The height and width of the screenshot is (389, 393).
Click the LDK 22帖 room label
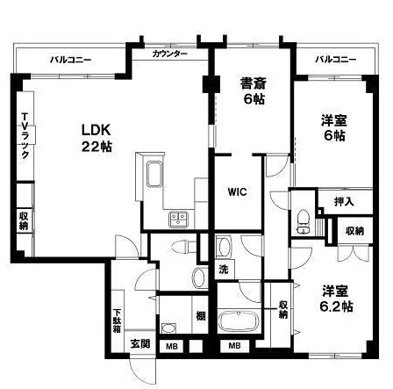click(x=96, y=138)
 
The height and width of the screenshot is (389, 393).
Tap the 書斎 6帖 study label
click(x=254, y=90)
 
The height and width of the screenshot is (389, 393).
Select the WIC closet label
click(x=238, y=192)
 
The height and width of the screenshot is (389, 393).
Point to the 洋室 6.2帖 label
click(x=336, y=299)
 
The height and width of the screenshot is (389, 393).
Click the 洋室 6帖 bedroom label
click(x=334, y=128)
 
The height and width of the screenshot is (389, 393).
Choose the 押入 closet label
click(x=344, y=202)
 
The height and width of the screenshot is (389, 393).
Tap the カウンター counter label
click(x=169, y=54)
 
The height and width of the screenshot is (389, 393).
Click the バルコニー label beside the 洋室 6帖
click(x=336, y=60)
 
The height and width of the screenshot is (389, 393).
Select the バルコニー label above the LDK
click(x=70, y=61)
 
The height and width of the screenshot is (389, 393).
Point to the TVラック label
click(x=25, y=136)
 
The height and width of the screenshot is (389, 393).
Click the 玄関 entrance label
click(x=140, y=343)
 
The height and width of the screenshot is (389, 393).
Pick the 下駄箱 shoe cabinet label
click(x=118, y=321)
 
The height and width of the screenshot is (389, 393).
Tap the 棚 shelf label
click(x=201, y=316)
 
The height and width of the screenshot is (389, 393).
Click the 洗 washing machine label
click(x=224, y=270)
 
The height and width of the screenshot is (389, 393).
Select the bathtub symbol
click(x=239, y=321)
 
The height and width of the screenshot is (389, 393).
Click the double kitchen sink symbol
click(x=178, y=219)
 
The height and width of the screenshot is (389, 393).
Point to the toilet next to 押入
click(x=303, y=221)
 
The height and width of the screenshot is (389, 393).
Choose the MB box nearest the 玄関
click(x=172, y=347)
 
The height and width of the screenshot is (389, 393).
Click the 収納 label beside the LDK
click(x=24, y=220)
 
